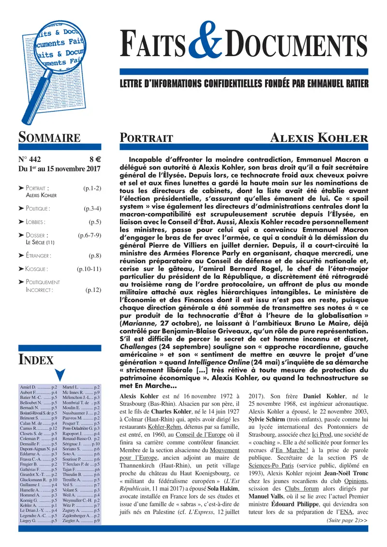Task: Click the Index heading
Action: coord(36,359)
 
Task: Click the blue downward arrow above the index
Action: coord(60,375)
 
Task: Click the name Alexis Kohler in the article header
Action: coord(318,138)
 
